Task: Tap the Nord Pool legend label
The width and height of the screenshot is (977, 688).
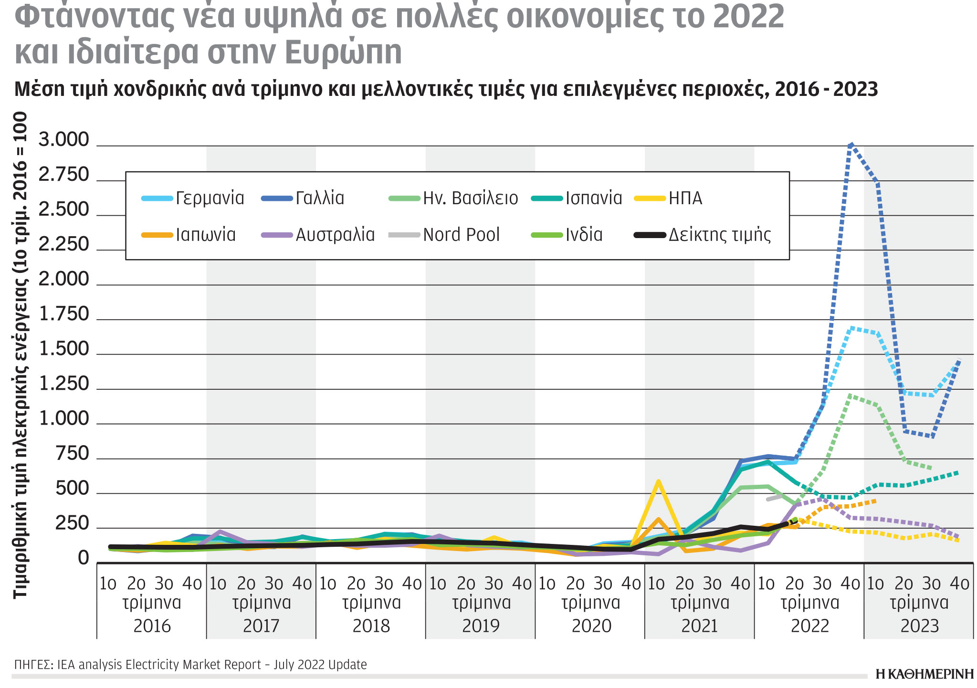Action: pos(461,235)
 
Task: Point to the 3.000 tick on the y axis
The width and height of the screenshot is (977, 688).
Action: pos(63,140)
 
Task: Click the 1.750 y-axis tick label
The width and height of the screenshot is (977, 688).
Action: pos(63,314)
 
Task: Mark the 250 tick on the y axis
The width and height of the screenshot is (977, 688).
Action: pos(72,524)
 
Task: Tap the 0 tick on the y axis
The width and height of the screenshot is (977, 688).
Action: pos(84,558)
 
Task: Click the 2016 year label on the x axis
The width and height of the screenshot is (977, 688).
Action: pos(152,625)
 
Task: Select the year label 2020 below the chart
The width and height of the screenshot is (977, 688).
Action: pos(591,625)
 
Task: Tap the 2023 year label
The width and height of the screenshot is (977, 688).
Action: pos(919,625)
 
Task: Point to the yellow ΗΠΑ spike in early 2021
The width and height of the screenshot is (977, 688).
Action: pos(659,481)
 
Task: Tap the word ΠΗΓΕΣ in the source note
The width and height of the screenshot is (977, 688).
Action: pos(33,665)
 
